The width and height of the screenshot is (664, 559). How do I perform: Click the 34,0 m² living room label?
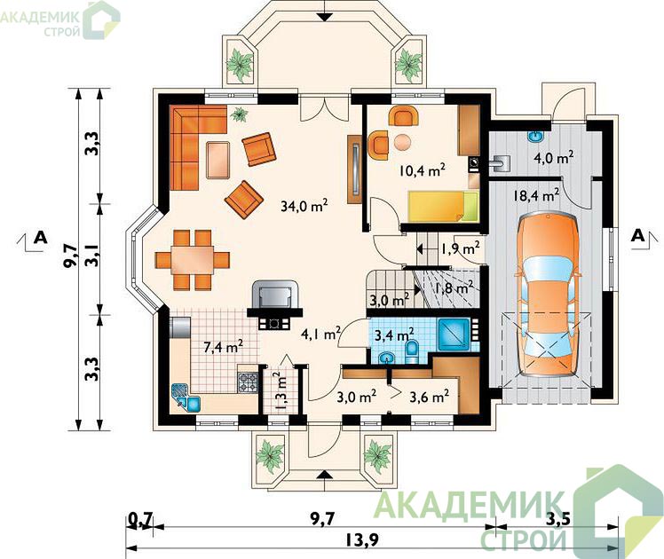[304, 206]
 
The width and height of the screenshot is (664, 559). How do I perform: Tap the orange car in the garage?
[548, 295]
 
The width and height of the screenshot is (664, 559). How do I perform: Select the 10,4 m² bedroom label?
[422, 170]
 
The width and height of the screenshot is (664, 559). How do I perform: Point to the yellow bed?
[443, 206]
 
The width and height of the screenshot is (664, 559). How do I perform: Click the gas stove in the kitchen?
[248, 382]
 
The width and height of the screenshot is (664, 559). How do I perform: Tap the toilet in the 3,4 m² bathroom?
[411, 352]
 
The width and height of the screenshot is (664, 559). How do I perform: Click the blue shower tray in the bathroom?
[454, 335]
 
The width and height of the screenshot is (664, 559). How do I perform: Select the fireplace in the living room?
[275, 304]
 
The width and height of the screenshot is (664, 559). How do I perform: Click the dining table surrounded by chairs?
[193, 260]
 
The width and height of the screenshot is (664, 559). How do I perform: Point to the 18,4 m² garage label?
[535, 195]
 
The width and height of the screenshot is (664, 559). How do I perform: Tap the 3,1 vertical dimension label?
[91, 256]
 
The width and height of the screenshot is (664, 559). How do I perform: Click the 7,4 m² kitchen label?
[223, 347]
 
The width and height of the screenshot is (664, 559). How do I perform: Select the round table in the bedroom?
[402, 142]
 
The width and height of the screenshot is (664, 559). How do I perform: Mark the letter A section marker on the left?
[40, 238]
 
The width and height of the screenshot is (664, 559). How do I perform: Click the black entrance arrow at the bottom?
[324, 474]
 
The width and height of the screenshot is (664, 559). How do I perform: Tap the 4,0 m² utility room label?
[553, 158]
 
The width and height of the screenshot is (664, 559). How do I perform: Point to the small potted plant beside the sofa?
[239, 114]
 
